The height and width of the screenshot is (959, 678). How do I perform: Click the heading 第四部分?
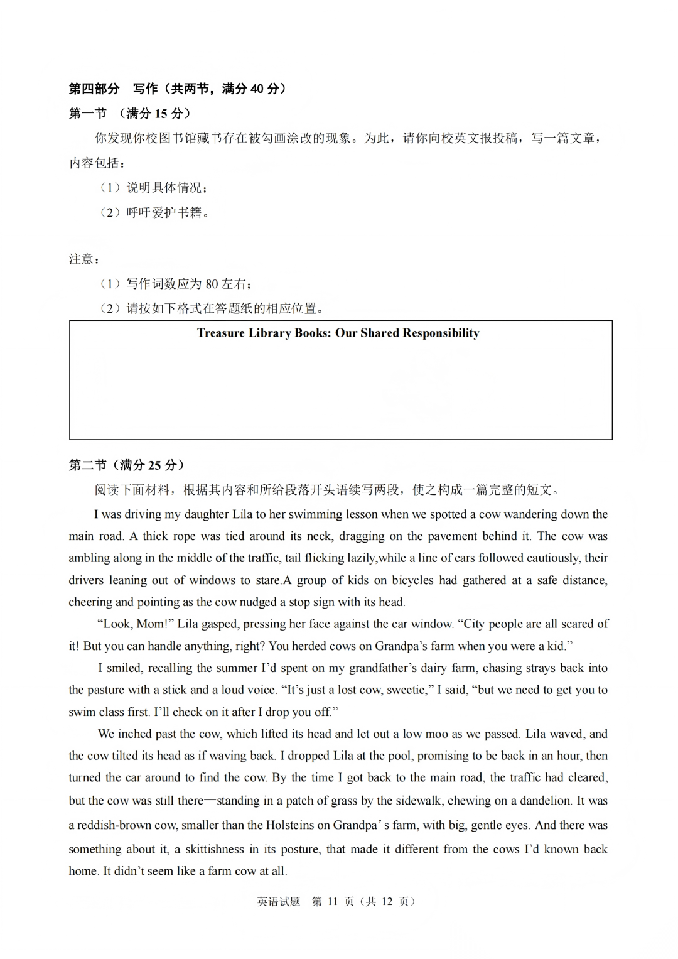click(94, 89)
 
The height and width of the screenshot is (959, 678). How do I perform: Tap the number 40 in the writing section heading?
click(257, 89)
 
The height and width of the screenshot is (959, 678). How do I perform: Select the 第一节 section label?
click(87, 114)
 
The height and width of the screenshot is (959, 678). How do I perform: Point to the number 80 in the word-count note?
click(212, 284)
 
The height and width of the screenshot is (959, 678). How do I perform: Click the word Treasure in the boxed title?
click(220, 333)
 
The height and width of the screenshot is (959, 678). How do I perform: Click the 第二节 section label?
click(87, 465)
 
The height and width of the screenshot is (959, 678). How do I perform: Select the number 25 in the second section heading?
click(154, 465)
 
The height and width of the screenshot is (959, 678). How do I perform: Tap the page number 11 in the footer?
click(332, 902)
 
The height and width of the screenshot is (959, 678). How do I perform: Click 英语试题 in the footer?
click(279, 902)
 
